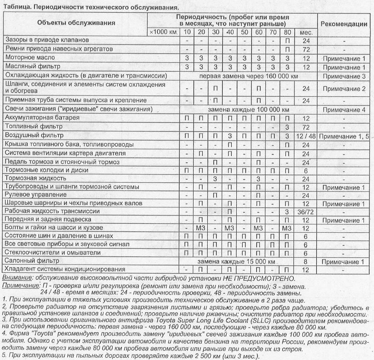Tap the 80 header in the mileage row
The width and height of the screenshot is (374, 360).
pyautogui.click(x=287, y=32)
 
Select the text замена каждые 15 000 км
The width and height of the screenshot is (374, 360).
pyautogui.click(x=237, y=262)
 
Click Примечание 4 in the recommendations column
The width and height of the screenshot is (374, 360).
pyautogui.click(x=344, y=110)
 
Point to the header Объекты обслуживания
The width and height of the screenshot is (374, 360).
pyautogui.click(x=76, y=23)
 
